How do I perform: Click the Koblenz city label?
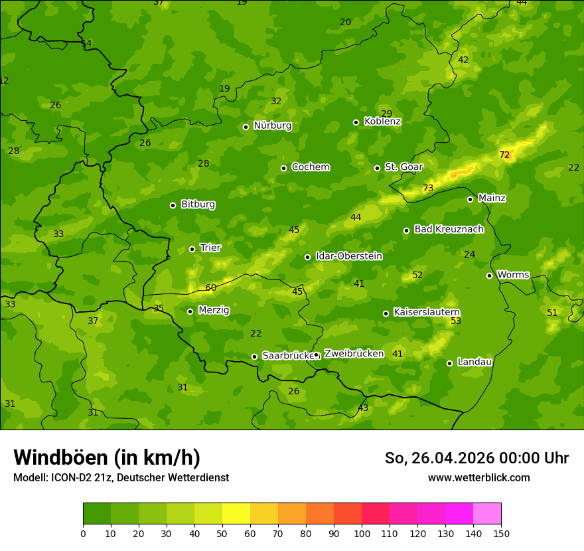pyautogui.click(x=382, y=121)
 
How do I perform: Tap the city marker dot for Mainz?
pyautogui.click(x=470, y=199)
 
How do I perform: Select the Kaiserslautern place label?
pyautogui.click(x=426, y=312)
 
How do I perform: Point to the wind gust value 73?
pyautogui.click(x=428, y=189)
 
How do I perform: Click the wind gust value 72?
pyautogui.click(x=504, y=155)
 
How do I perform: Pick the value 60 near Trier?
pyautogui.click(x=211, y=288)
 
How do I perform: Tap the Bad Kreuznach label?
pyautogui.click(x=449, y=229)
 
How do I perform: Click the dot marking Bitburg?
pyautogui.click(x=173, y=205)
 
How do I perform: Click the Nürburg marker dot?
pyautogui.click(x=246, y=127)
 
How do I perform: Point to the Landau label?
pyautogui.click(x=475, y=362)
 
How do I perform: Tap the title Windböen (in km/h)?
pyautogui.click(x=107, y=457)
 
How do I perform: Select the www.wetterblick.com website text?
pyautogui.click(x=478, y=477)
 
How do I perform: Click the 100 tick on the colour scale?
pyautogui.click(x=362, y=532)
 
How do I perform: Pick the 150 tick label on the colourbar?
pyautogui.click(x=501, y=532)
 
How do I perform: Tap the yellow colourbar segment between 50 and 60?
pyautogui.click(x=236, y=513)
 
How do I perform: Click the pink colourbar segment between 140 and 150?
pyautogui.click(x=487, y=513)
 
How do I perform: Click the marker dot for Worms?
pyautogui.click(x=489, y=275)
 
